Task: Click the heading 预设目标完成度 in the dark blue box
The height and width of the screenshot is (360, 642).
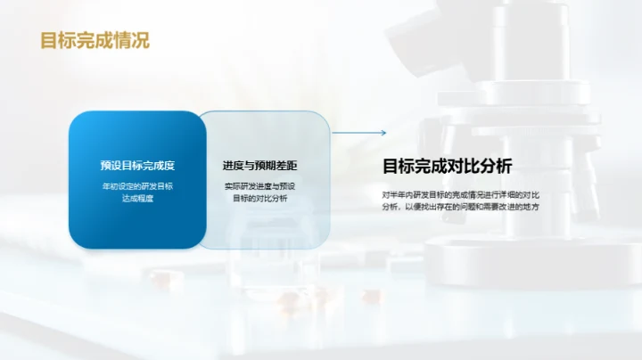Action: (x=137, y=166)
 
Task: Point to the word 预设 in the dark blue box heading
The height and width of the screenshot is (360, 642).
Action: (x=111, y=166)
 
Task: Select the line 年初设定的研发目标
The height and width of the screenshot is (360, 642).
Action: (x=137, y=186)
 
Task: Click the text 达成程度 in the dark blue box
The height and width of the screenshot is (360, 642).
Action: (x=137, y=199)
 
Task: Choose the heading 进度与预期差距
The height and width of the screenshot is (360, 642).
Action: (x=260, y=166)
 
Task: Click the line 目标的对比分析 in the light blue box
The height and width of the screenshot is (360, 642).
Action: (x=260, y=199)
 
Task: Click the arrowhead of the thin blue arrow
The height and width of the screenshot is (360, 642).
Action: (x=383, y=134)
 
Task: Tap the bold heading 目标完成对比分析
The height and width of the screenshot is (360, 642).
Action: (x=448, y=166)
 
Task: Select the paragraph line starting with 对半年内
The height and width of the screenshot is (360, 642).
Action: (x=461, y=193)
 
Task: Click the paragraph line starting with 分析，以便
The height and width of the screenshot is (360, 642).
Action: (x=461, y=207)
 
